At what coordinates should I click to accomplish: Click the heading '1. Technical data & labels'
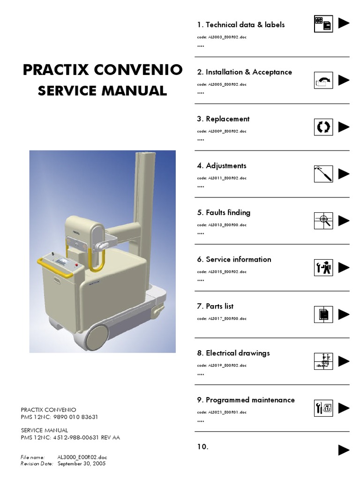(240, 25)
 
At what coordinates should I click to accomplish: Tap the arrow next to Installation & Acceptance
(344, 80)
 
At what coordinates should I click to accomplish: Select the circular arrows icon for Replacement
(323, 127)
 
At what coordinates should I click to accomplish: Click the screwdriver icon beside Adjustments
(323, 174)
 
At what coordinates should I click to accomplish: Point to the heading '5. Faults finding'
(224, 212)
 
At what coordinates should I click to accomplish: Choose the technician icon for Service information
(323, 268)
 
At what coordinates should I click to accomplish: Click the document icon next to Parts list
(323, 315)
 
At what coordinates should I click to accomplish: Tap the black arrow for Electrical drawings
(344, 361)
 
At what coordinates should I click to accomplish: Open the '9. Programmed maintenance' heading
(246, 400)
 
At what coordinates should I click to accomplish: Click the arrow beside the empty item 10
(344, 450)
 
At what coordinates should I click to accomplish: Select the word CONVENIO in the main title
(138, 70)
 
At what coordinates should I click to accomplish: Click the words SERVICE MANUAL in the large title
(102, 90)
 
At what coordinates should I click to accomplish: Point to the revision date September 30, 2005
(82, 464)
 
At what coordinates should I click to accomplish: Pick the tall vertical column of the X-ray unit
(144, 187)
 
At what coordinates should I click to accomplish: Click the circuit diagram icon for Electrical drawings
(323, 361)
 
